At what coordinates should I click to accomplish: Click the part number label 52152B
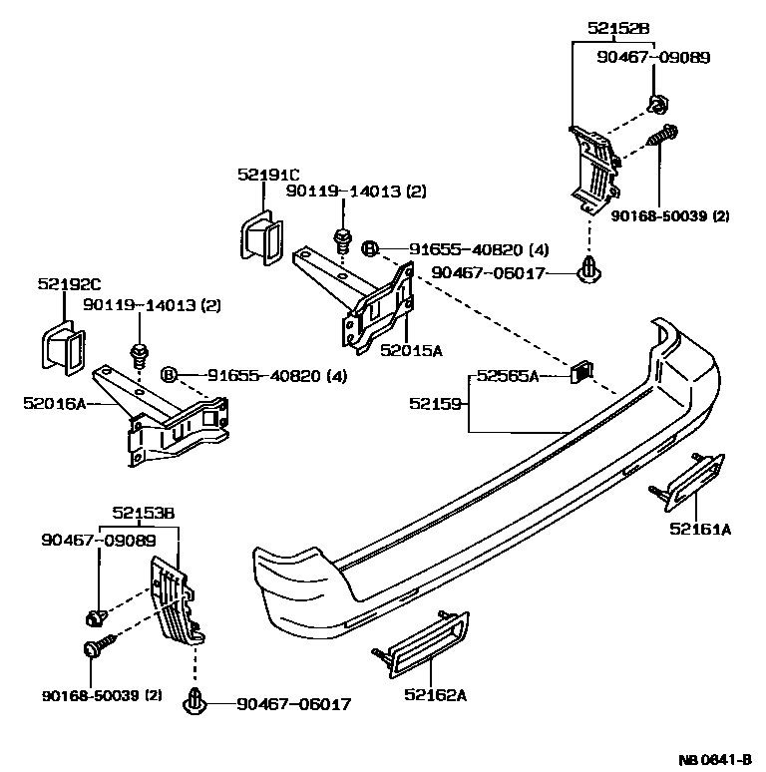(622, 30)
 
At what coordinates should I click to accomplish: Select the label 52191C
(268, 175)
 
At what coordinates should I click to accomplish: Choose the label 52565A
(507, 376)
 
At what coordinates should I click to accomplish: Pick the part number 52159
(435, 403)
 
